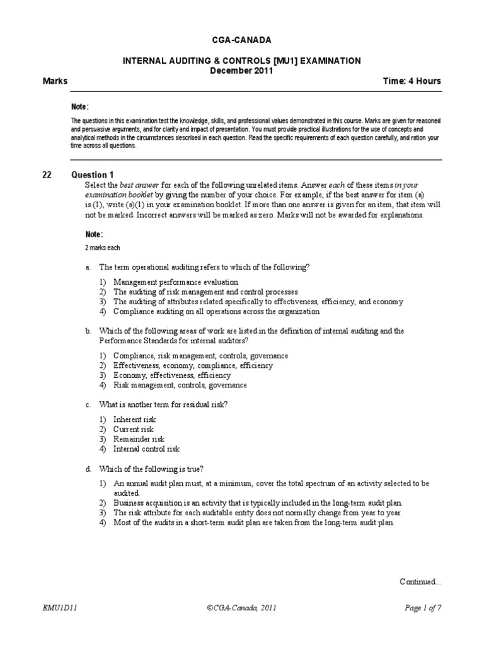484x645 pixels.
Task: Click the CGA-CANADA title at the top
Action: [241, 40]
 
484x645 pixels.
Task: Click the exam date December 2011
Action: [241, 71]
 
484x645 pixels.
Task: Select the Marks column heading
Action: [55, 81]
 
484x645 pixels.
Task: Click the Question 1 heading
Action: [93, 174]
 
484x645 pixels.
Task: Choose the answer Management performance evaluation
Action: [176, 282]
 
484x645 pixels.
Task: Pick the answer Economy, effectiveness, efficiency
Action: [172, 375]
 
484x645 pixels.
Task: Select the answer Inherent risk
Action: [134, 420]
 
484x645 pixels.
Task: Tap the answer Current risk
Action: [133, 429]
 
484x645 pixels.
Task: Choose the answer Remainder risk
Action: [139, 439]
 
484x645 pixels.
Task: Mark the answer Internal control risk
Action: [146, 449]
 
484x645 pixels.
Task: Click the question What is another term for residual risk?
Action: [163, 404]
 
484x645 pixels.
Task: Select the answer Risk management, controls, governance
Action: [180, 385]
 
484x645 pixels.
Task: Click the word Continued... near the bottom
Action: [420, 581]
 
